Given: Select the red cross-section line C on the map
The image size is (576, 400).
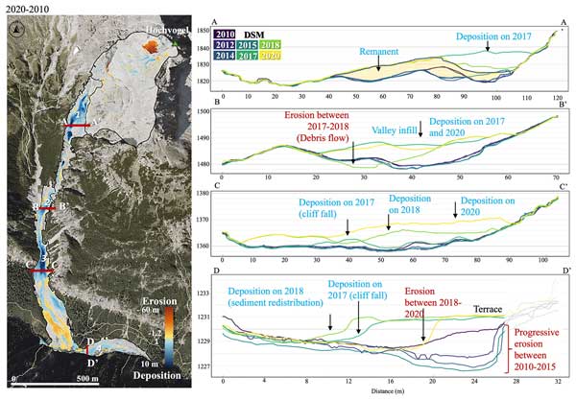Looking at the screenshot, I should pos(43,272).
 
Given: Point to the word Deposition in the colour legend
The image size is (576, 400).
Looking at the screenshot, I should pos(156,377).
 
